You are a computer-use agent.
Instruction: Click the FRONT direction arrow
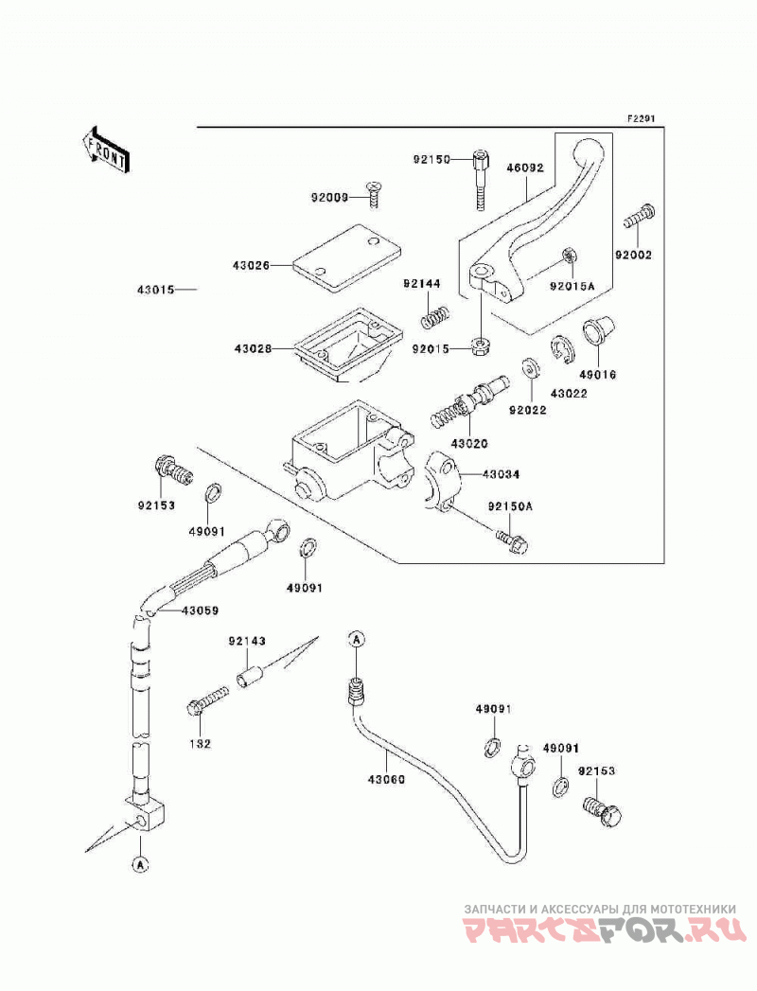106,150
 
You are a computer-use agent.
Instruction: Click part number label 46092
524,168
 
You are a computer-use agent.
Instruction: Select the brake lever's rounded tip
588,150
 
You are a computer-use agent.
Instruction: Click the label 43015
155,290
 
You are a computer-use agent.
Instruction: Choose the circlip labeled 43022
560,349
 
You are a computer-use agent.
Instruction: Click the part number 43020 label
469,444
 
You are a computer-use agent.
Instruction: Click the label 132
201,744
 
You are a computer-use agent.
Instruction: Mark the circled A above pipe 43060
357,639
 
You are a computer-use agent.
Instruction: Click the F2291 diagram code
641,118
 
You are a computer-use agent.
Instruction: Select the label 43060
387,779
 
